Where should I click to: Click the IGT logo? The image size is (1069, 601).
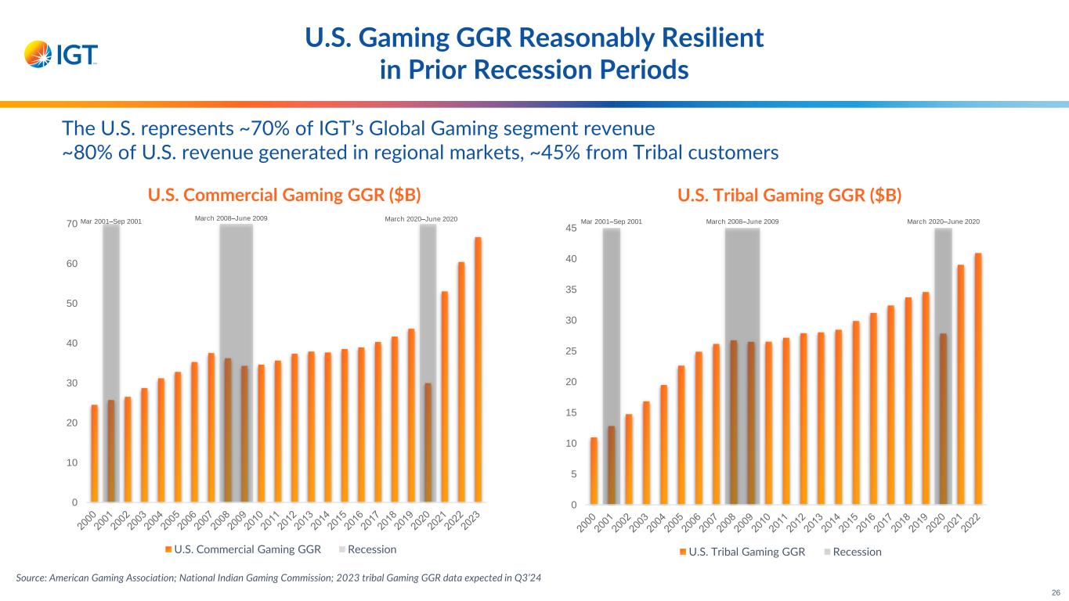point(61,55)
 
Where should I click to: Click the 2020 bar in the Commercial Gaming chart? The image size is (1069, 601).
point(428,442)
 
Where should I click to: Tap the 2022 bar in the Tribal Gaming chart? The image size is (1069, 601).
point(978,379)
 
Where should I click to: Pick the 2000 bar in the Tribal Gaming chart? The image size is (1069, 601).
point(594,470)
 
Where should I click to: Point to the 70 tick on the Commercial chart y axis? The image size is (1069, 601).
point(70,224)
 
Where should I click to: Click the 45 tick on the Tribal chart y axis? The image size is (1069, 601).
point(572,228)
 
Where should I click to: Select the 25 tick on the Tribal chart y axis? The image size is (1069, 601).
point(572,351)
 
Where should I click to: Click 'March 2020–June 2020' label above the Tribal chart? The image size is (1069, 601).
point(943,221)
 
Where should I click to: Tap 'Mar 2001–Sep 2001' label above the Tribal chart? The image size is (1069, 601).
point(611,221)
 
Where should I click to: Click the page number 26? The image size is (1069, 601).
point(1054,592)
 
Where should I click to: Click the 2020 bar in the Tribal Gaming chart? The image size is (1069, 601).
point(943,419)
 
